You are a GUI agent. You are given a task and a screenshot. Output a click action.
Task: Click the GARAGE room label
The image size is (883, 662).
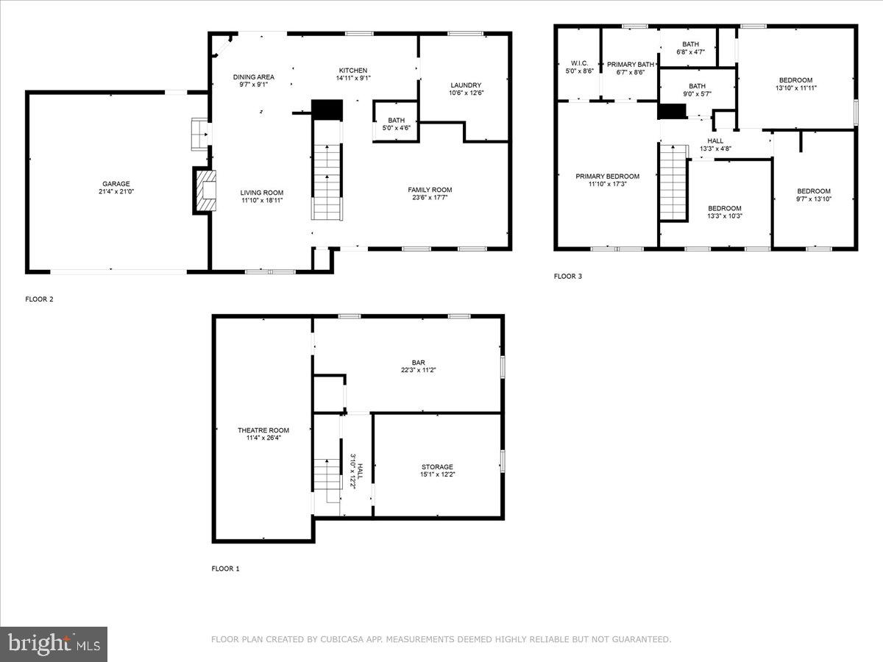(116, 184)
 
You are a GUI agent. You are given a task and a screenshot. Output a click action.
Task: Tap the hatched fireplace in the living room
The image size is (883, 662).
(206, 191)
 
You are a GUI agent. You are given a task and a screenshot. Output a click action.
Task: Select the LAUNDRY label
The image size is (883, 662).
(466, 85)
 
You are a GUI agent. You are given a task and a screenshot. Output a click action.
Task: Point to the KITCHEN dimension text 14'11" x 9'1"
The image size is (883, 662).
(353, 79)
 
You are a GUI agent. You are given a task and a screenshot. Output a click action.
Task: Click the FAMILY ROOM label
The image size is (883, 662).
(430, 190)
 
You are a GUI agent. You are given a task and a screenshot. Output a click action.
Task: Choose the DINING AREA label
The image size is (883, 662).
(253, 76)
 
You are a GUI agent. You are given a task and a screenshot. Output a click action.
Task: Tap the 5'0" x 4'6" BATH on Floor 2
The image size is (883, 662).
(396, 124)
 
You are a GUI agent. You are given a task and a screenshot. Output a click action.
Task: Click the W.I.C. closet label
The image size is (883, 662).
(579, 63)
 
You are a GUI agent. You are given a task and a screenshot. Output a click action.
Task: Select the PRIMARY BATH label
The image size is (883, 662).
(631, 65)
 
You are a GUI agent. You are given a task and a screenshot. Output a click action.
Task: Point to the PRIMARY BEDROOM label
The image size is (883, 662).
(608, 177)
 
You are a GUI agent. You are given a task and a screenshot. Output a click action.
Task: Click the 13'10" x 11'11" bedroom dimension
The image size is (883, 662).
(795, 88)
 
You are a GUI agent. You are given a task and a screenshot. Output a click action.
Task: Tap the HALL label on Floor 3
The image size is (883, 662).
(715, 141)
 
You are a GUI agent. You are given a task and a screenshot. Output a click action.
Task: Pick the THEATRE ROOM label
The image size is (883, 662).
(263, 430)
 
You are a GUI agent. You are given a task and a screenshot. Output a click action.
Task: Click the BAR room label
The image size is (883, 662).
(419, 363)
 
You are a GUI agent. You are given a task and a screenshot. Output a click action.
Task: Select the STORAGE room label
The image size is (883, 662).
(437, 467)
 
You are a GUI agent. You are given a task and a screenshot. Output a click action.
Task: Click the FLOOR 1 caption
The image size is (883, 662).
(225, 569)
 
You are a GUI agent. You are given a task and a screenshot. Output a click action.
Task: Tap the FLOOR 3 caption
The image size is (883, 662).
(567, 276)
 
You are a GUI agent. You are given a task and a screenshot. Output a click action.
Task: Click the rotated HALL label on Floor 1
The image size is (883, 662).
(360, 471)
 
